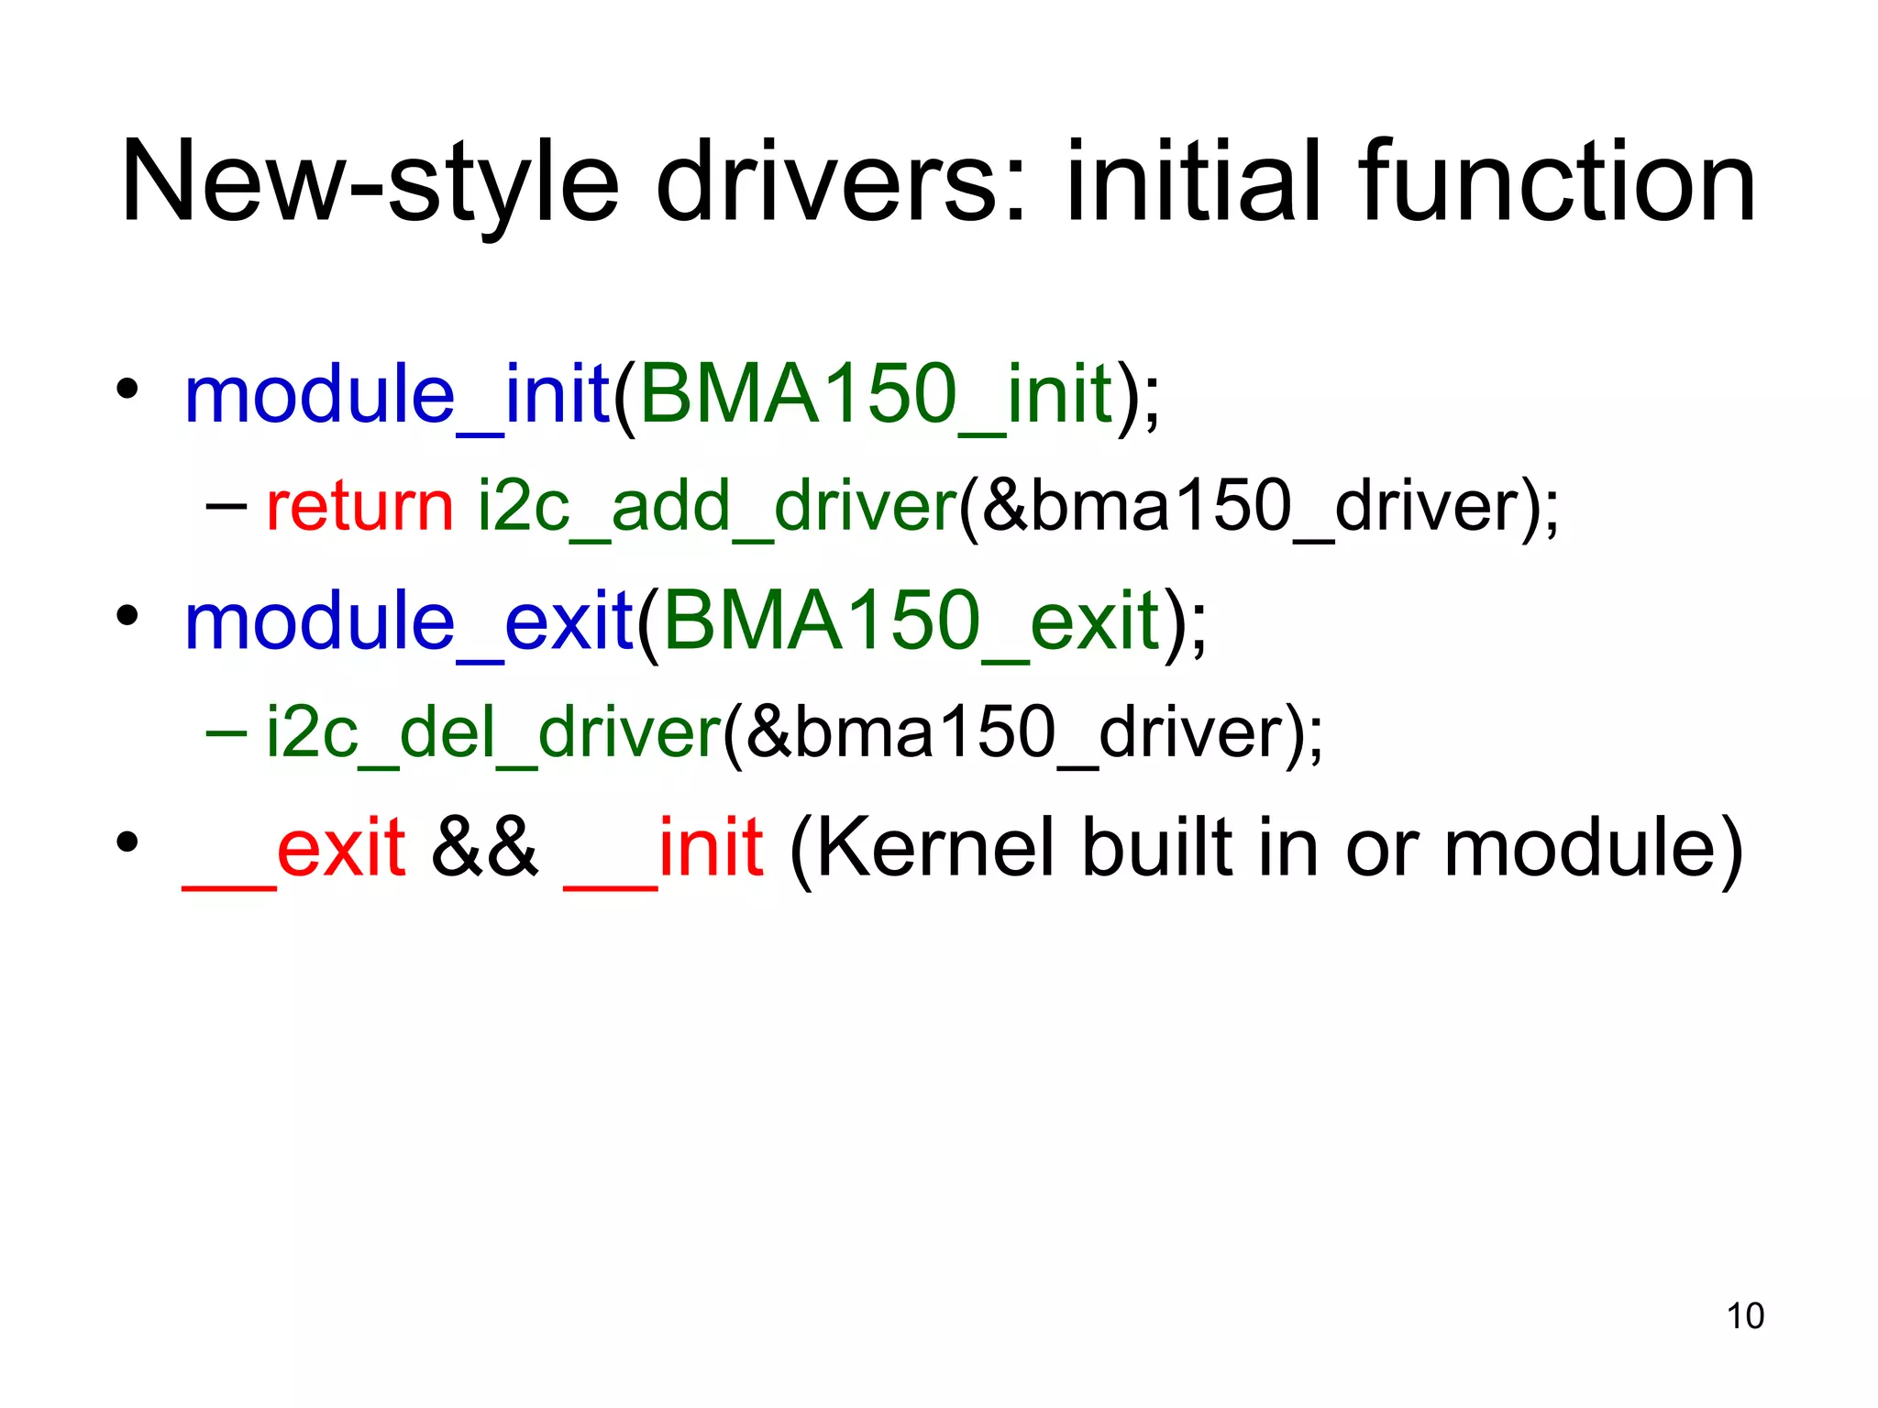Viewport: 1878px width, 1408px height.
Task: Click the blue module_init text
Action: [x=397, y=395]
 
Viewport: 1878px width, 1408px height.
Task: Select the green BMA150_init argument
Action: [x=876, y=395]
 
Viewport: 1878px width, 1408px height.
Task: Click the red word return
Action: [x=359, y=507]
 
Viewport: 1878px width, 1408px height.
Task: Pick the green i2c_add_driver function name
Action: [x=717, y=507]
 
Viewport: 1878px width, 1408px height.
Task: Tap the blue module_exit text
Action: [x=409, y=622]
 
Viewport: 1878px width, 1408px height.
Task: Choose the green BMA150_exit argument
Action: [x=911, y=622]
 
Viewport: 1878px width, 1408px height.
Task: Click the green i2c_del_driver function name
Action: [x=494, y=733]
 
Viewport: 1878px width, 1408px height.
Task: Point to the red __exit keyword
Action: [x=294, y=848]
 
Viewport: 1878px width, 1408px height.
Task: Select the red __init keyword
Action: [x=663, y=848]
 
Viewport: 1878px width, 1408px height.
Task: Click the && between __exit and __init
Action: [x=484, y=848]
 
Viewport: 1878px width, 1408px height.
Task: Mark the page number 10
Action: [x=1745, y=1316]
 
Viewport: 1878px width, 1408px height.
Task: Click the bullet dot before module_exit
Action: [x=127, y=615]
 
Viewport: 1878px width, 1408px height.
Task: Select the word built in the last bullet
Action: [x=1159, y=848]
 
